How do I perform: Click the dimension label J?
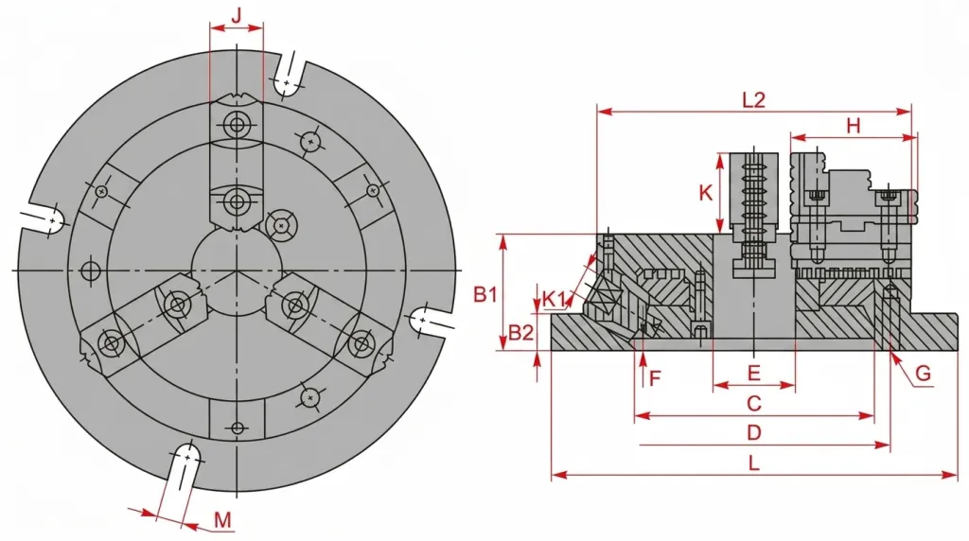(x=236, y=15)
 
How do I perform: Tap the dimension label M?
(x=223, y=520)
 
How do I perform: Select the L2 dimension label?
(x=754, y=100)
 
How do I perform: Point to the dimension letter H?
(x=853, y=126)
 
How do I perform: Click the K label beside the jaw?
(x=706, y=193)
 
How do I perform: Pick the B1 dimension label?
(x=485, y=294)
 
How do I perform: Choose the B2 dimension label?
(x=520, y=334)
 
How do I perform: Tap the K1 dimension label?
(x=555, y=299)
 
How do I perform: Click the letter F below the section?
(x=656, y=376)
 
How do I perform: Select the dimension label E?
(x=754, y=373)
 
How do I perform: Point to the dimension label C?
(x=754, y=403)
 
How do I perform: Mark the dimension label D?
(x=754, y=432)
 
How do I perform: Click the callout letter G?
(x=923, y=373)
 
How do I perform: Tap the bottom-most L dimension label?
(x=754, y=463)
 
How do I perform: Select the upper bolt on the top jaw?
(x=236, y=126)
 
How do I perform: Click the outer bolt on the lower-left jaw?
(x=112, y=342)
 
